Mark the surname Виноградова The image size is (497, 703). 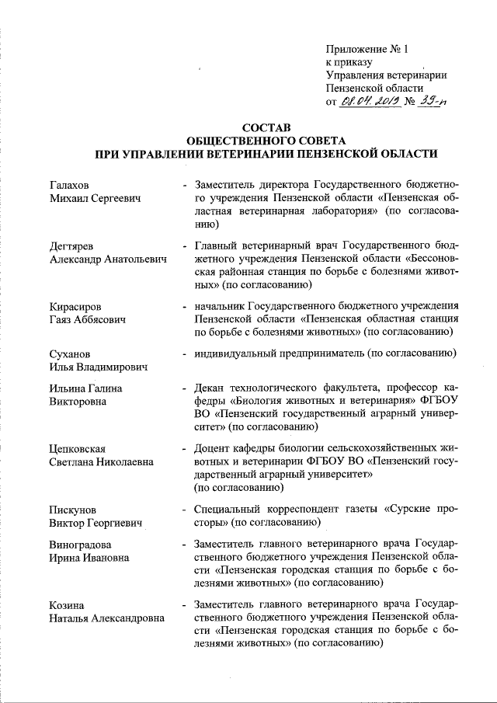[78, 545]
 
